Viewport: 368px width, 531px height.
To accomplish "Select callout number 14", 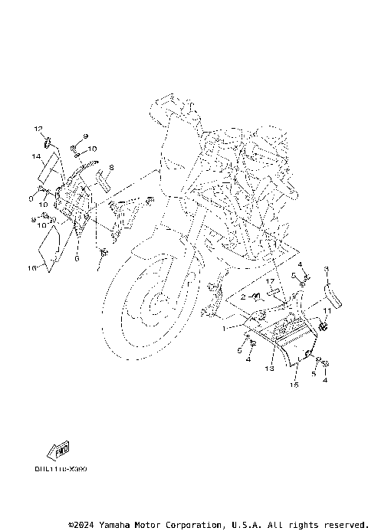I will click(x=35, y=156).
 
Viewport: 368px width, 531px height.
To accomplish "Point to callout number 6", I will click(x=77, y=259).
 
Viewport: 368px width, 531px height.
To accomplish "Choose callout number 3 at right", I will click(x=325, y=269).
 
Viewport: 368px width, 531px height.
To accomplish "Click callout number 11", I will click(x=325, y=311).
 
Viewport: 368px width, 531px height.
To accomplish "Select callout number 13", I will click(x=269, y=369).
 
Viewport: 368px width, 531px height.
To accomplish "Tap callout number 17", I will click(x=270, y=281).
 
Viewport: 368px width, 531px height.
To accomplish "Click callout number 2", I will click(x=242, y=297).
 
